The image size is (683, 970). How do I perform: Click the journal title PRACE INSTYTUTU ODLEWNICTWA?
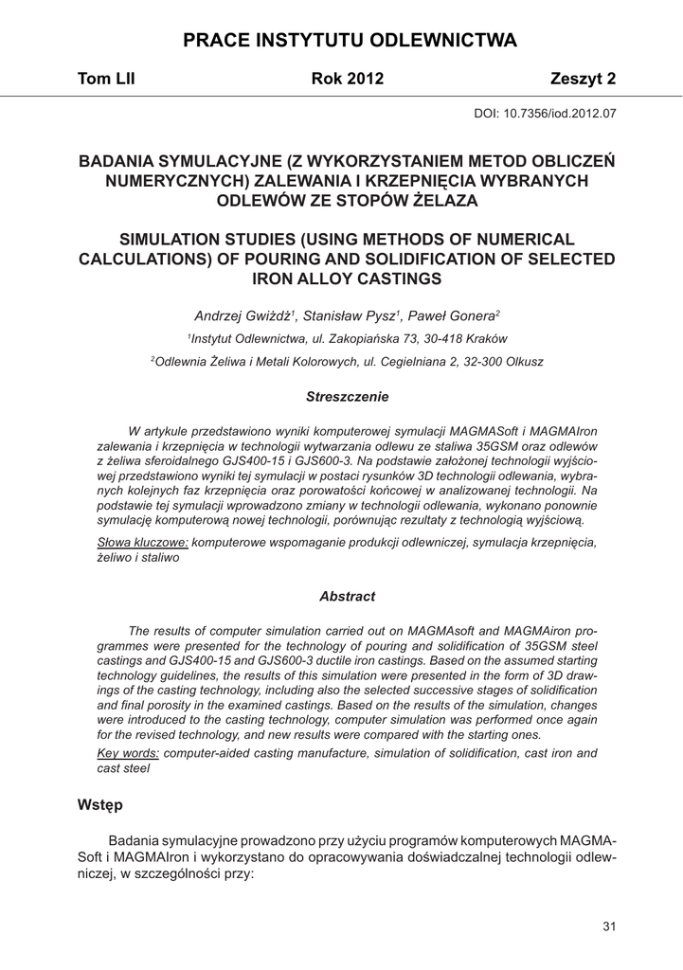point(350,41)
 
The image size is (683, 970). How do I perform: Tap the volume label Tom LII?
point(106,80)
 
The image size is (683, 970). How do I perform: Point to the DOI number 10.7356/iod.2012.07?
point(564,113)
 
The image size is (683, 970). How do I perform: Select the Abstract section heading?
point(348,597)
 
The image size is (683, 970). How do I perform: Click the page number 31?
point(609,925)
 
